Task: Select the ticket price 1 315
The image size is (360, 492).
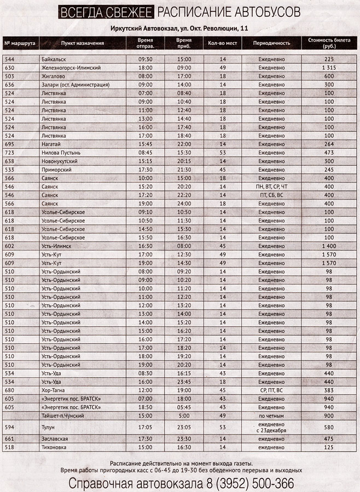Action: tap(328, 67)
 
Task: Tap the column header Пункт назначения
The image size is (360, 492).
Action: tap(83, 43)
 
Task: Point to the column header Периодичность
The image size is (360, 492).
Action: tap(272, 43)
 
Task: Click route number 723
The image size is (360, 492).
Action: tap(9, 153)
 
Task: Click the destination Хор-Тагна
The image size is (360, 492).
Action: tap(53, 390)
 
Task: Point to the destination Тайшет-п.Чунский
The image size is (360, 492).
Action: tap(65, 415)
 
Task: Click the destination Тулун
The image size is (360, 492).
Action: tap(48, 427)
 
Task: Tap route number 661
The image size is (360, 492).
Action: tap(9, 439)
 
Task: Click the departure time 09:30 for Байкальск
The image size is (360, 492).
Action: tap(145, 58)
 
